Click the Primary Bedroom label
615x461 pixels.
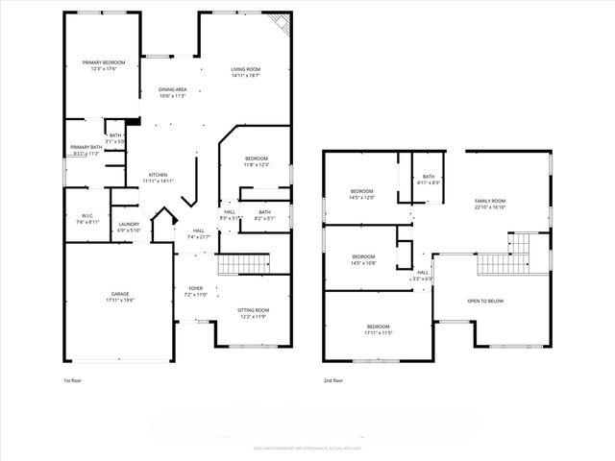[x=104, y=66]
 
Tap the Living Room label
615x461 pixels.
[x=246, y=72]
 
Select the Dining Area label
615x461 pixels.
[x=172, y=93]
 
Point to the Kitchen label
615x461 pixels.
[x=159, y=178]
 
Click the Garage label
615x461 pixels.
[x=120, y=298]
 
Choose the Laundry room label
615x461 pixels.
[x=129, y=228]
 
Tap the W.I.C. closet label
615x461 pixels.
[x=86, y=218]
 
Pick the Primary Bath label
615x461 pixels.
[x=85, y=150]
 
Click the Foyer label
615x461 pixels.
[x=195, y=291]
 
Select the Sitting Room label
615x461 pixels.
[x=254, y=313]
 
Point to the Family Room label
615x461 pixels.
[x=490, y=204]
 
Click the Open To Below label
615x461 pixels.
[x=486, y=301]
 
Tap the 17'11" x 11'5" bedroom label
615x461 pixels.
[x=378, y=329]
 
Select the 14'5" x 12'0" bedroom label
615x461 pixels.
[x=362, y=195]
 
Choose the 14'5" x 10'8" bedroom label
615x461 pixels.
[x=363, y=259]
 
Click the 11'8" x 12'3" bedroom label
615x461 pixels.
[x=256, y=161]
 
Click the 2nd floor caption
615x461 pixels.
[x=333, y=380]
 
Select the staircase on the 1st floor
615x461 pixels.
[x=239, y=265]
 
